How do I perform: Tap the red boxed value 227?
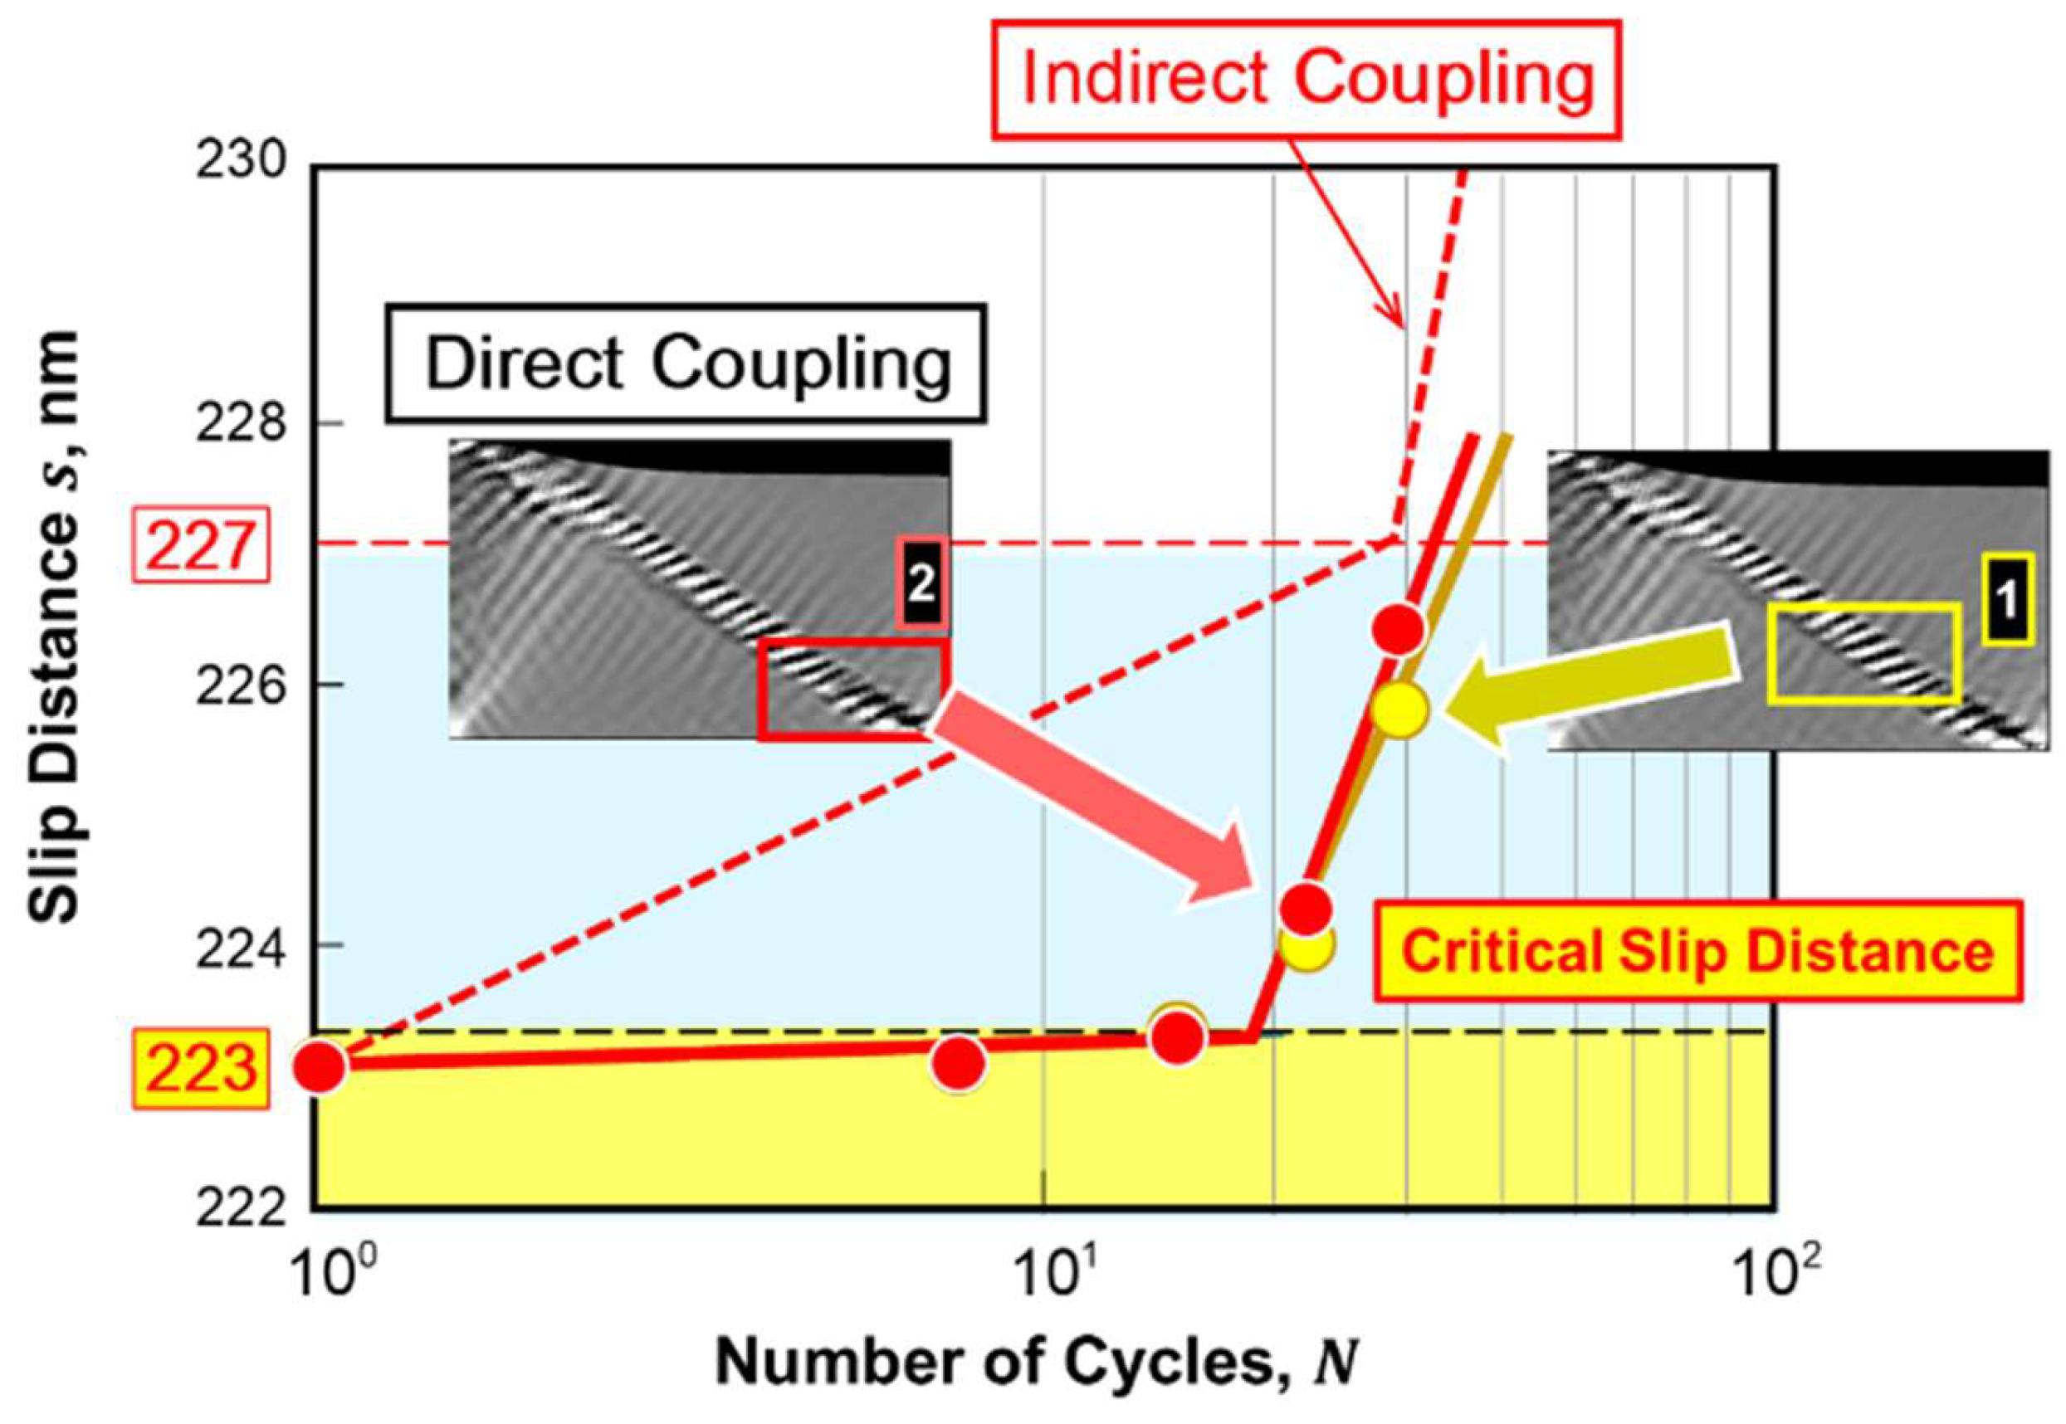point(200,546)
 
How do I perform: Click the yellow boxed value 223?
point(200,1070)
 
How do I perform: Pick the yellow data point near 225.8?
point(1400,710)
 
